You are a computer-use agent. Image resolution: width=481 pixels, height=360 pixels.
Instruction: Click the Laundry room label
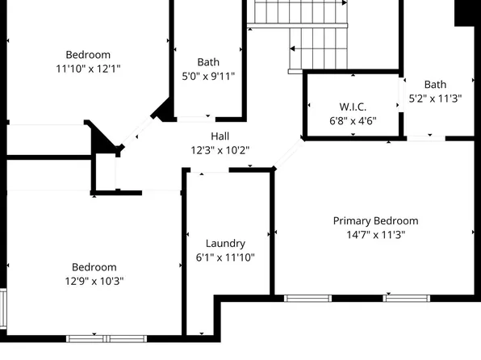[x=225, y=243]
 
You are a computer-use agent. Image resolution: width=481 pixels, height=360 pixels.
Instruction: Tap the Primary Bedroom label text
[x=376, y=220]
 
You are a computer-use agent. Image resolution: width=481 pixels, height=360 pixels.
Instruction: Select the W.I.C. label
[x=353, y=107]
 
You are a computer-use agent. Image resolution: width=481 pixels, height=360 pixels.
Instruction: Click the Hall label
[x=220, y=136]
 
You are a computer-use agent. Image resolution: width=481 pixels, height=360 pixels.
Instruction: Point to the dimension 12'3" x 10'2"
[x=220, y=149]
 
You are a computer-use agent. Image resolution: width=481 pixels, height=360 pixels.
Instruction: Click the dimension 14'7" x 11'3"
[x=376, y=235]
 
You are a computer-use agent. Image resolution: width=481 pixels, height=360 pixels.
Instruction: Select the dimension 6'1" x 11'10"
[x=225, y=257]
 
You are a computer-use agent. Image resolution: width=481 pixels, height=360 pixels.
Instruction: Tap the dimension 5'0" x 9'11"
[x=208, y=77]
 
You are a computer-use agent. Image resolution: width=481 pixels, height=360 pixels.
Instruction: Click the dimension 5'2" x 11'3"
[x=435, y=98]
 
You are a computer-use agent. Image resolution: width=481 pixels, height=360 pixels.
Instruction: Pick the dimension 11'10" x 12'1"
[x=89, y=69]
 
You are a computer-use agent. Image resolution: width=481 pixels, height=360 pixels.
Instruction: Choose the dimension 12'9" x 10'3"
[x=94, y=281]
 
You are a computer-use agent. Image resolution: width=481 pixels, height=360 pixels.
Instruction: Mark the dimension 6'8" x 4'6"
[x=353, y=121]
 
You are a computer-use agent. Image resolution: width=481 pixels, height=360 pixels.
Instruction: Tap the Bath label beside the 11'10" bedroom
[x=208, y=62]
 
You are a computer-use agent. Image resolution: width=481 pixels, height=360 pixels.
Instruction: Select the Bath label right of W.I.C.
[x=435, y=84]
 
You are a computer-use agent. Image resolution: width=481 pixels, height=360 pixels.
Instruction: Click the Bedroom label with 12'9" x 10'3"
[x=94, y=267]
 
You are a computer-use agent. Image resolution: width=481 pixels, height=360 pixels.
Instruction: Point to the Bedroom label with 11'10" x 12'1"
[x=89, y=55]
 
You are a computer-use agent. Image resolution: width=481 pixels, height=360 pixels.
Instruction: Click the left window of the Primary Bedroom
[x=308, y=298]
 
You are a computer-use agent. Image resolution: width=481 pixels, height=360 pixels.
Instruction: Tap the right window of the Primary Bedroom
[x=406, y=298]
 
